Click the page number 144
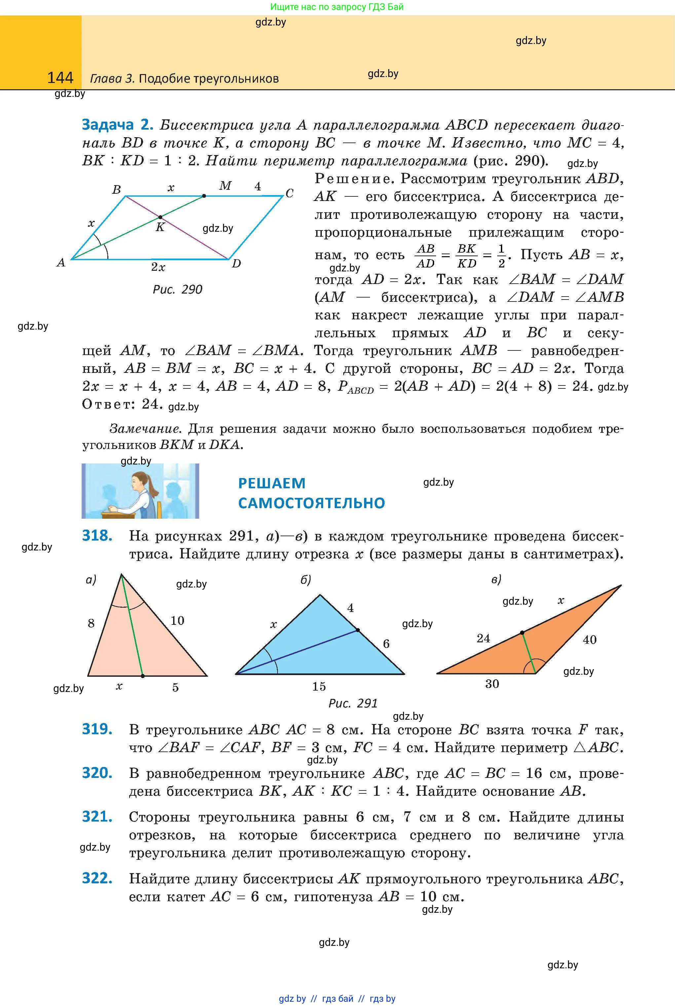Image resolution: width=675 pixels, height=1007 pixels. click(x=60, y=78)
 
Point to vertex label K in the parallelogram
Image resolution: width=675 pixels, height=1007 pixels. click(x=160, y=227)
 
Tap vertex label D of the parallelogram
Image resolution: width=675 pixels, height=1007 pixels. click(x=236, y=263)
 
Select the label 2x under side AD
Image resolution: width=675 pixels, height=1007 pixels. click(x=158, y=267)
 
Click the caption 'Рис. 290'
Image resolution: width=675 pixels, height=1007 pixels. click(x=177, y=289)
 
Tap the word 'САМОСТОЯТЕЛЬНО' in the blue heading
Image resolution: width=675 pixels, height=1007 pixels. click(x=311, y=503)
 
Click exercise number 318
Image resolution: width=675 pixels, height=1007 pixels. click(x=97, y=536)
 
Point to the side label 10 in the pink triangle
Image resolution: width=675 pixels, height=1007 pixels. click(x=177, y=621)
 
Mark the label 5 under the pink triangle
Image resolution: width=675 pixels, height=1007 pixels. click(x=175, y=687)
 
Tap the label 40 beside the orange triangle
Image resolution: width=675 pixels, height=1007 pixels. click(x=589, y=640)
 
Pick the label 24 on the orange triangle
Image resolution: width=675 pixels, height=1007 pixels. click(x=483, y=638)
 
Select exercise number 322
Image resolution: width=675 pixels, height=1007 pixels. click(x=97, y=878)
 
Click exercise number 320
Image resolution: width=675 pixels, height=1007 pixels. click(x=97, y=773)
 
